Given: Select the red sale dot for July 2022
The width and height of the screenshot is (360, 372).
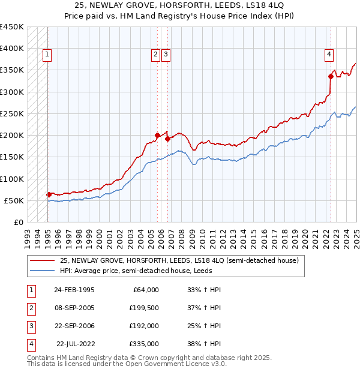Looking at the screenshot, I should click(330, 76).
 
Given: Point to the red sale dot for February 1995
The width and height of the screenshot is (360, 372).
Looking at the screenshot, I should click(49, 194).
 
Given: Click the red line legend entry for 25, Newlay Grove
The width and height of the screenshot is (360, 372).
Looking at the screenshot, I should click(174, 260).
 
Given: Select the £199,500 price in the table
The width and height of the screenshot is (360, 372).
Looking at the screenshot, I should click(143, 308).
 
